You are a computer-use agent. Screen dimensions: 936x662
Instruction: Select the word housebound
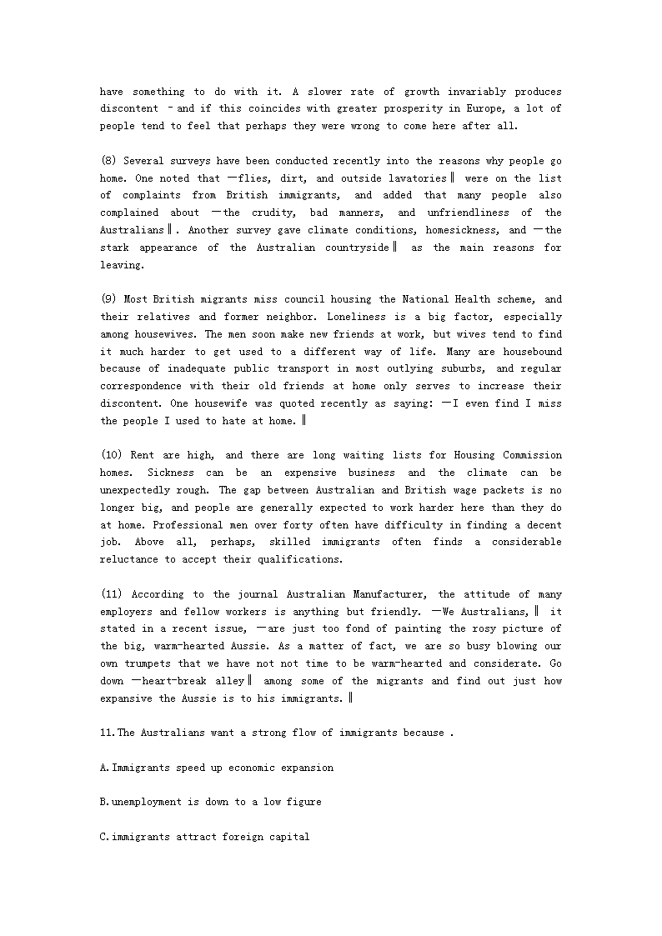click(530, 352)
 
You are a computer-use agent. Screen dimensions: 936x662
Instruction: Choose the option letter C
click(103, 837)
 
